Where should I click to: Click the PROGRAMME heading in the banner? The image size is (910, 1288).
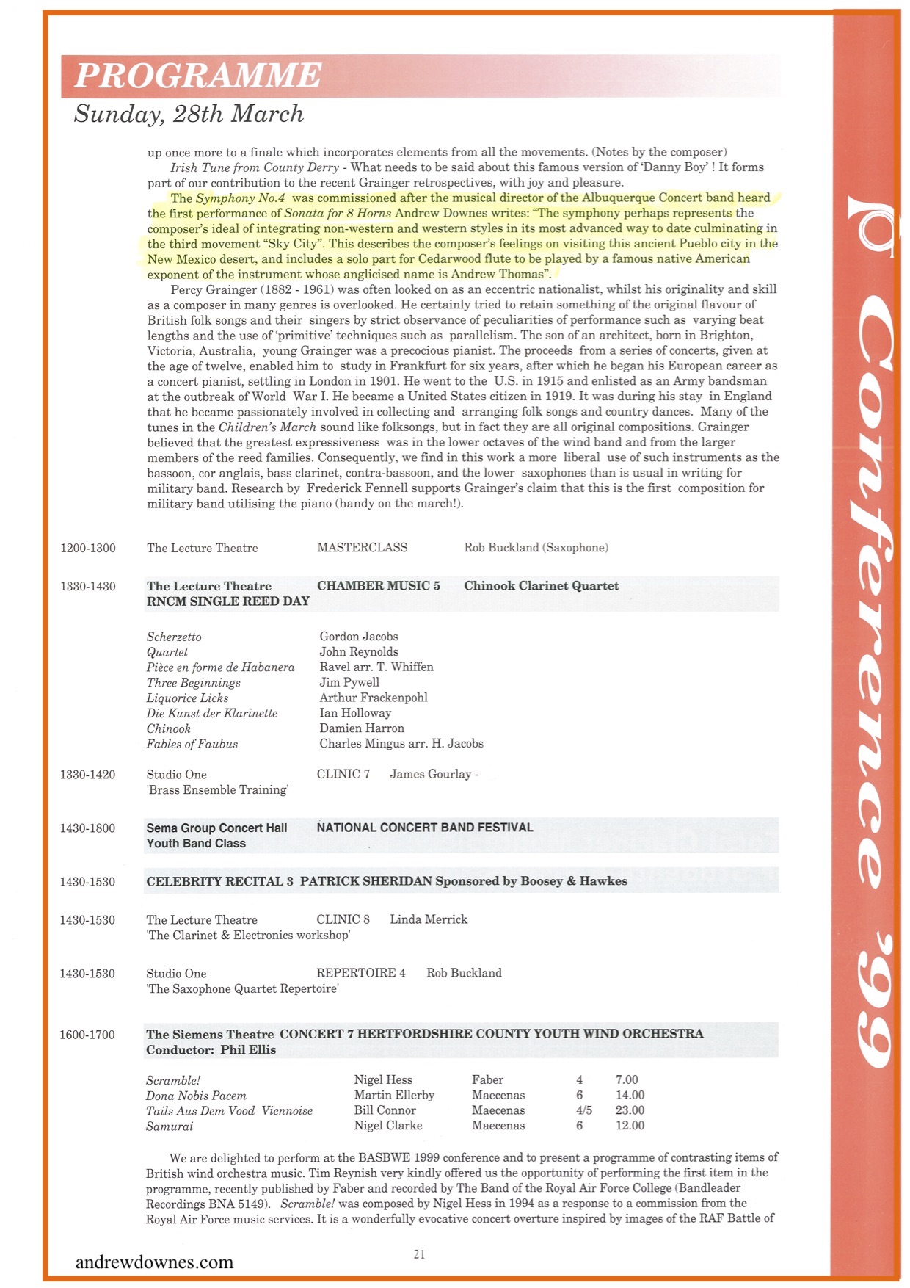pyautogui.click(x=198, y=76)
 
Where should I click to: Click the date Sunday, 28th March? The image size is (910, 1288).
pyautogui.click(x=189, y=114)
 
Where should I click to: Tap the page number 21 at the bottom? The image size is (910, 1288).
pyautogui.click(x=419, y=1254)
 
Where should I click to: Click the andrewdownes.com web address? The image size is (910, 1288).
pyautogui.click(x=154, y=1262)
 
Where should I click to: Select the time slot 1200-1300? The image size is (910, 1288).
pyautogui.click(x=88, y=549)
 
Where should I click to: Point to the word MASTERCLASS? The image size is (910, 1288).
pyautogui.click(x=362, y=548)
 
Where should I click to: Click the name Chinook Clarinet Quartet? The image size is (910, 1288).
pyautogui.click(x=541, y=586)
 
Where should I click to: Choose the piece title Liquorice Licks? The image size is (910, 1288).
pyautogui.click(x=187, y=698)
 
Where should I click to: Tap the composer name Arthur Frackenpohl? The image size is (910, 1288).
pyautogui.click(x=373, y=698)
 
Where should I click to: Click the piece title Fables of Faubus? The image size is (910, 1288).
pyautogui.click(x=192, y=744)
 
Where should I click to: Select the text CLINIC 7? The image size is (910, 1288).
pyautogui.click(x=343, y=774)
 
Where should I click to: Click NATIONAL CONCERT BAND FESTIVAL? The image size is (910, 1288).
pyautogui.click(x=425, y=828)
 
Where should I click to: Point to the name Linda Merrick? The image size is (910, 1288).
pyautogui.click(x=429, y=919)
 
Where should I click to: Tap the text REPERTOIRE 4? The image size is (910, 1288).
pyautogui.click(x=360, y=973)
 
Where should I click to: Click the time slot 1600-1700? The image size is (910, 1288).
pyautogui.click(x=87, y=1035)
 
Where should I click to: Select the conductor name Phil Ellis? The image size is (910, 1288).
pyautogui.click(x=248, y=1050)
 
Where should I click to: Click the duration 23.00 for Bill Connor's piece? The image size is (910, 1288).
pyautogui.click(x=630, y=1110)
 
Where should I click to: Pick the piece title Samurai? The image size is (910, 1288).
pyautogui.click(x=170, y=1126)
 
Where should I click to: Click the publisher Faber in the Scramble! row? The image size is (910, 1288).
pyautogui.click(x=487, y=1080)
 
